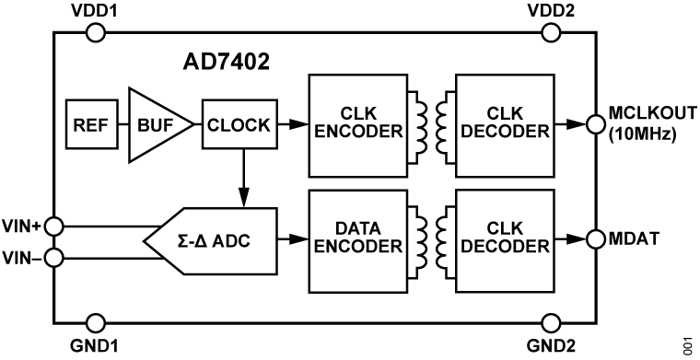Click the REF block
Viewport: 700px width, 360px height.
pyautogui.click(x=88, y=123)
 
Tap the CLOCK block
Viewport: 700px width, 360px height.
pyautogui.click(x=239, y=123)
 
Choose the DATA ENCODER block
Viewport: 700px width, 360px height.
pyautogui.click(x=356, y=238)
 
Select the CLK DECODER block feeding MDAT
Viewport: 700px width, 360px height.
pyautogui.click(x=503, y=238)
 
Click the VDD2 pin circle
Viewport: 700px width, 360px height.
pyautogui.click(x=551, y=33)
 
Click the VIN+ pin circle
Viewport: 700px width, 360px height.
pyautogui.click(x=54, y=225)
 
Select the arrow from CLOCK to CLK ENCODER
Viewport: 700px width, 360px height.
pyautogui.click(x=292, y=122)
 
